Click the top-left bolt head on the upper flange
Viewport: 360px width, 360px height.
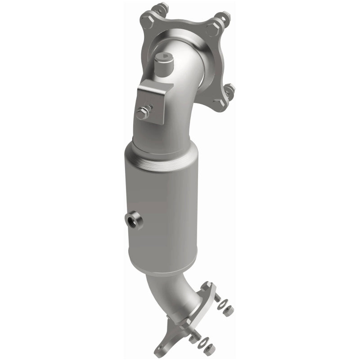(x=147, y=18)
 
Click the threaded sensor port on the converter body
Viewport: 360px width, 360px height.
(x=133, y=220)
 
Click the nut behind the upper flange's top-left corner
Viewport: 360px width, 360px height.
(x=161, y=8)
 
